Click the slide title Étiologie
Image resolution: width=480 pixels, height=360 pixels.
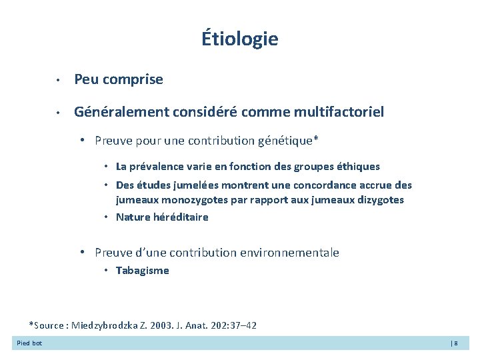click(240, 39)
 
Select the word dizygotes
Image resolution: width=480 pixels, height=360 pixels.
click(379, 200)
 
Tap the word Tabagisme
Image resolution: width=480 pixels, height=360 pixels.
click(143, 271)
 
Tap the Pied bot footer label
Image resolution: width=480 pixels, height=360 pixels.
click(29, 343)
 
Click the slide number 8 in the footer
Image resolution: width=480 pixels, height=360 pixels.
click(456, 343)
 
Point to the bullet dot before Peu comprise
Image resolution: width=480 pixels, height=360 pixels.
click(59, 81)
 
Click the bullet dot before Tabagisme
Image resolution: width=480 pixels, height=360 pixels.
click(107, 271)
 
